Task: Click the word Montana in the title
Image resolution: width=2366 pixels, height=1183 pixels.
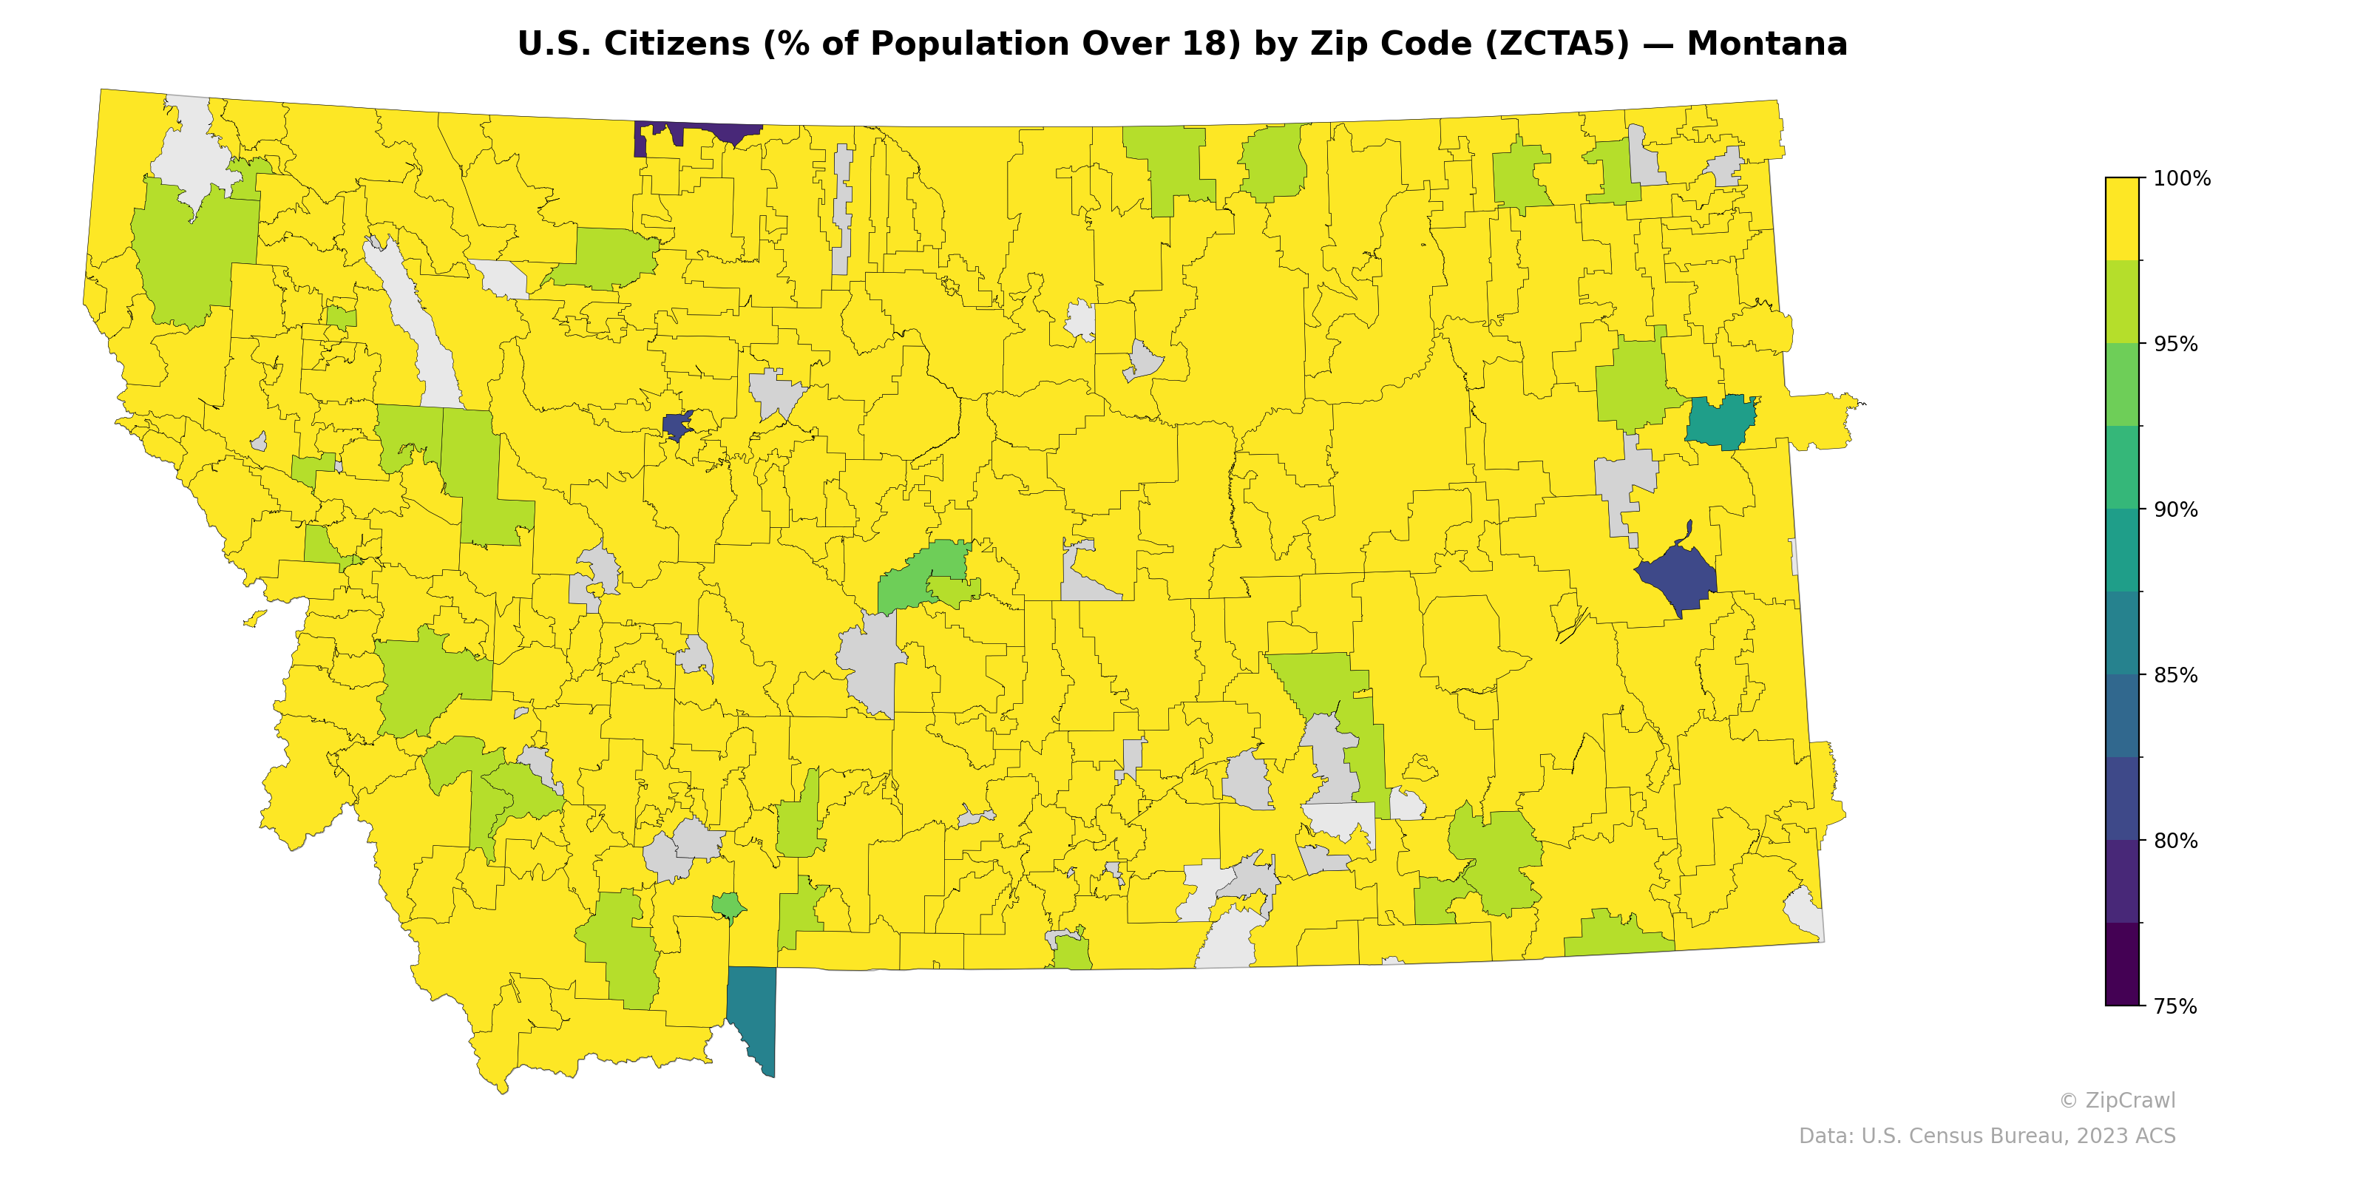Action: click(x=1766, y=44)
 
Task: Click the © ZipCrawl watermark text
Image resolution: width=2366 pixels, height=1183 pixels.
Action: click(x=2116, y=1100)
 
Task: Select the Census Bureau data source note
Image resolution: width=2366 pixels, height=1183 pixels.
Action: click(x=1987, y=1136)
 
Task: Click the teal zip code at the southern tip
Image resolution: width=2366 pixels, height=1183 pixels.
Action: click(x=755, y=1010)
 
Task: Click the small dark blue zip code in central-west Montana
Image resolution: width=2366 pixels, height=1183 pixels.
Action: click(x=677, y=425)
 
